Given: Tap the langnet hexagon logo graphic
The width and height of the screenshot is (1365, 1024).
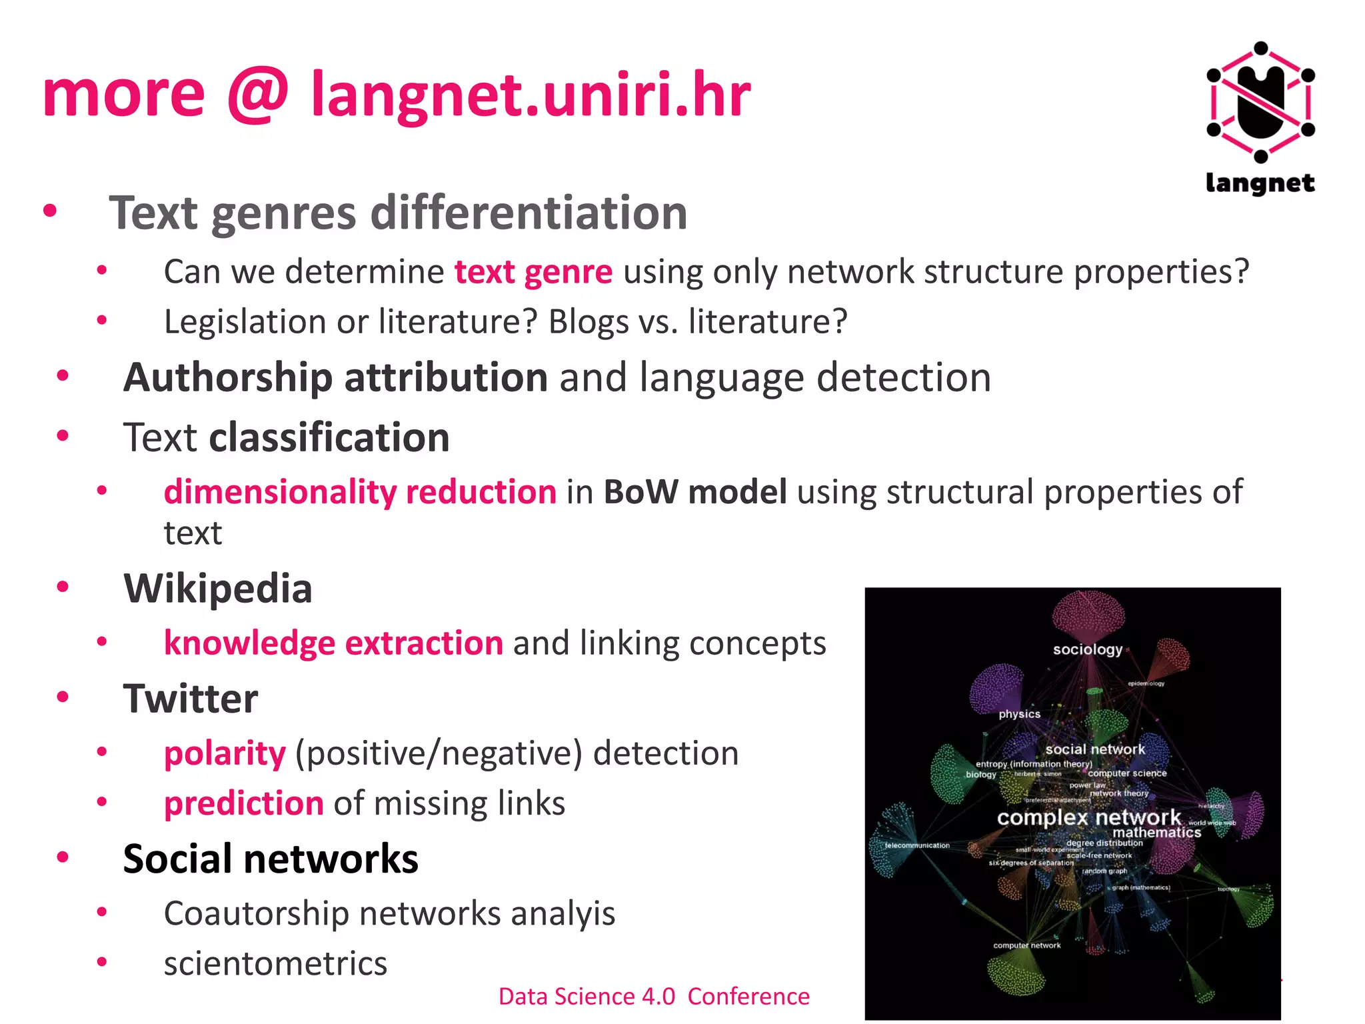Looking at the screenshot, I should (1260, 102).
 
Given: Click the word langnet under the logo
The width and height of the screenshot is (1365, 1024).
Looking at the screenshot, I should (1260, 183).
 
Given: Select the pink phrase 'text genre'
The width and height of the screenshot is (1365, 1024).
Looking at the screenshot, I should (533, 272).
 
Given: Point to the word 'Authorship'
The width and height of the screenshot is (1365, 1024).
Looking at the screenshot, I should (227, 378).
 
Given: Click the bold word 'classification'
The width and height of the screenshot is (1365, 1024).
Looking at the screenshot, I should (329, 438).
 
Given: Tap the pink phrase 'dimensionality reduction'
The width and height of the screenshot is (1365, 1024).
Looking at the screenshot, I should (360, 492).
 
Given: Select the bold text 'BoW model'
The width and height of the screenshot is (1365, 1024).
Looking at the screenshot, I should (695, 492).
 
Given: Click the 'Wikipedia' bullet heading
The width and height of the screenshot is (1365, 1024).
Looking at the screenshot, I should (218, 589).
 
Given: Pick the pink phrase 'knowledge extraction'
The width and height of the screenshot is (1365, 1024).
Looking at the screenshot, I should (333, 643).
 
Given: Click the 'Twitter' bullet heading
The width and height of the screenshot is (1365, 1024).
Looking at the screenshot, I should (191, 699).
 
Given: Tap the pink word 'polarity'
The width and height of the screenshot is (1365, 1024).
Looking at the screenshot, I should (225, 753).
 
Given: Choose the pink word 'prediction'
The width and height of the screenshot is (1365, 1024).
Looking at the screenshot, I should (244, 803).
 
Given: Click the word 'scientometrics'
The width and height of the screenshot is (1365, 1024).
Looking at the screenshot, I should (275, 963).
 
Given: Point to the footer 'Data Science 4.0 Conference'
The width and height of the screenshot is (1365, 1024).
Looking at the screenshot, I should (654, 996).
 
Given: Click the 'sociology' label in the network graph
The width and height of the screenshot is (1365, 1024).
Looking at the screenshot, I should (1087, 649).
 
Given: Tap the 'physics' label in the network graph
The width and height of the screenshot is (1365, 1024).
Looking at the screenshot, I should (1019, 714).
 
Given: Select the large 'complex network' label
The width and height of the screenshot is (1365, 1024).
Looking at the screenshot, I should (1088, 817).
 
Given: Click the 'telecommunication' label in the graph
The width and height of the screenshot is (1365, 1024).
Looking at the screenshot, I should (917, 845).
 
